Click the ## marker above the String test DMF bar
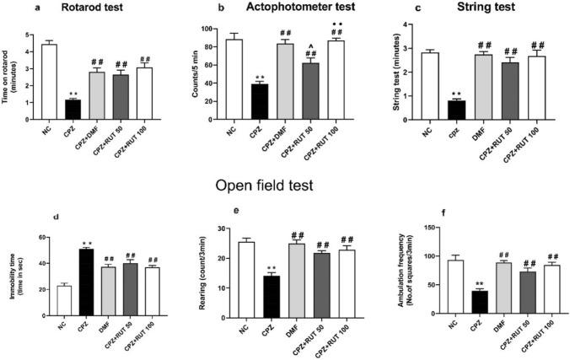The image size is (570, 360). (x=485, y=45)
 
